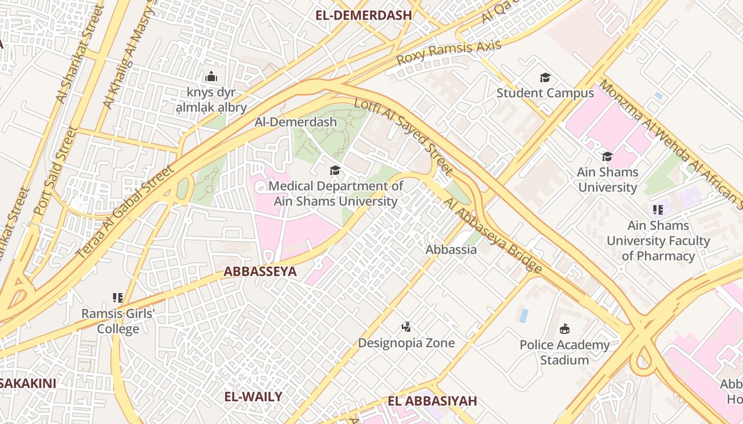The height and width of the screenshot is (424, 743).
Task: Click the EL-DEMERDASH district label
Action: point(364,15)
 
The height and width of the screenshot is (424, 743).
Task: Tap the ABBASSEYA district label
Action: point(260,271)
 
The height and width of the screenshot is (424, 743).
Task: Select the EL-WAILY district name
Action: point(253,396)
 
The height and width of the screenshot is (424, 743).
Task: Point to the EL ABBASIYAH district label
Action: point(432,401)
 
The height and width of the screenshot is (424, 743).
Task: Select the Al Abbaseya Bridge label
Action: point(493,235)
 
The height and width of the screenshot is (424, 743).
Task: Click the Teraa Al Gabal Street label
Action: point(126,212)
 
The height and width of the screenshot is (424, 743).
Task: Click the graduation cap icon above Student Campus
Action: point(545,78)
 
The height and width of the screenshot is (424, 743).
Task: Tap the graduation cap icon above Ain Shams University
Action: point(607,156)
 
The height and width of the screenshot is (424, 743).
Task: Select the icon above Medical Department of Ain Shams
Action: point(335,170)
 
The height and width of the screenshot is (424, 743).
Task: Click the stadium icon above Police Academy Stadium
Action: point(564,329)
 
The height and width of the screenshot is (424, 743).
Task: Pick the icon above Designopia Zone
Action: point(406,326)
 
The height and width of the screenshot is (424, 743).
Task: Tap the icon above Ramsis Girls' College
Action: point(117,298)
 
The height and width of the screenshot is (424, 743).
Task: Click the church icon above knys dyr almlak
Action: point(211,77)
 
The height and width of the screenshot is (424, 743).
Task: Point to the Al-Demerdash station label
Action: point(296,122)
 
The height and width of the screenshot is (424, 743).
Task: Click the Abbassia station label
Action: point(451,249)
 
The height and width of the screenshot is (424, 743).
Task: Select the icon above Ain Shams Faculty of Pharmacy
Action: point(658,210)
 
